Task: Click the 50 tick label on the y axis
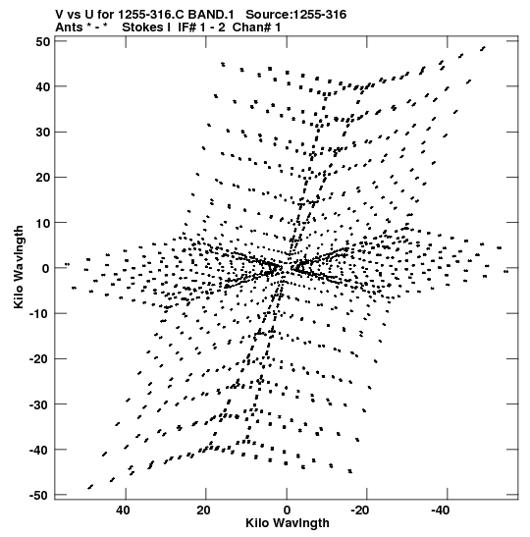click(42, 41)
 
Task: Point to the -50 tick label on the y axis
click(40, 495)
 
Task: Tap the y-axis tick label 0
click(46, 268)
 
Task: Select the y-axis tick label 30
click(42, 132)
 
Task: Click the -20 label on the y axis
click(40, 359)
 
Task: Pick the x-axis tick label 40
click(123, 510)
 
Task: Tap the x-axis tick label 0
click(287, 510)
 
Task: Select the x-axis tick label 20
click(203, 510)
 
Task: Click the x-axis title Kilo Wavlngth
click(288, 523)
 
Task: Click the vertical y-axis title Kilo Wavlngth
click(19, 267)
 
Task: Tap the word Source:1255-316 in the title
click(295, 15)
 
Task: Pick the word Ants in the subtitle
click(69, 27)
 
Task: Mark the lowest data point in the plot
click(90, 487)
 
